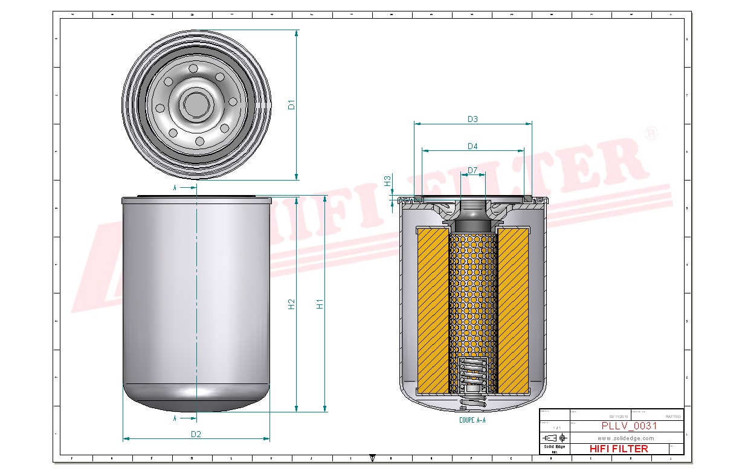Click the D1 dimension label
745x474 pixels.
click(292, 104)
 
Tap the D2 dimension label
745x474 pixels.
click(196, 434)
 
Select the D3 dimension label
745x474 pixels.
click(472, 119)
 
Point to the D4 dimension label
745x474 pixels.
click(472, 146)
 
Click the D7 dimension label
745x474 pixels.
click(472, 170)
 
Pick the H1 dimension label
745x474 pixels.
click(320, 304)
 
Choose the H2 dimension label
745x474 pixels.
click(292, 304)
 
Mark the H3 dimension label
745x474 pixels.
click(388, 181)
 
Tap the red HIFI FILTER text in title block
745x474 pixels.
click(618, 449)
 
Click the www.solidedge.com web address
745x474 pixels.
click(626, 438)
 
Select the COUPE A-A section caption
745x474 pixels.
click(472, 420)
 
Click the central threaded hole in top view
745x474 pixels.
click(196, 104)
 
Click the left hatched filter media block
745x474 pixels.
click(433, 309)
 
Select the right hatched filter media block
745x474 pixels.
click(512, 309)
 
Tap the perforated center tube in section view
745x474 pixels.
click(472, 296)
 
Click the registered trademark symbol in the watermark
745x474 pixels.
click(651, 133)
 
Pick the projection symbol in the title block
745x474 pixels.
click(555, 438)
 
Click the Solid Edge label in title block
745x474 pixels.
click(554, 447)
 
